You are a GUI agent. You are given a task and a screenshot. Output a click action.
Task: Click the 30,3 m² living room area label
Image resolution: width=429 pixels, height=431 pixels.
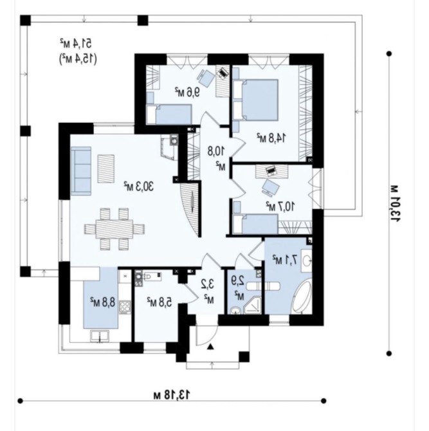click(138, 187)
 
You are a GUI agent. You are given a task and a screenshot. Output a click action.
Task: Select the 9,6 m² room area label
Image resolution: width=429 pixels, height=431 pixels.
click(187, 92)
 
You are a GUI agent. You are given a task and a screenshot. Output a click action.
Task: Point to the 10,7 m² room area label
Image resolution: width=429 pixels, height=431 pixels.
click(280, 206)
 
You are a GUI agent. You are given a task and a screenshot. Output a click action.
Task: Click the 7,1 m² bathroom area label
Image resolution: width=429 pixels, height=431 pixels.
click(285, 259)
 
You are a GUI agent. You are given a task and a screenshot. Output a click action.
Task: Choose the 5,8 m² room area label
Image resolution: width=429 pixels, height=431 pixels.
click(160, 302)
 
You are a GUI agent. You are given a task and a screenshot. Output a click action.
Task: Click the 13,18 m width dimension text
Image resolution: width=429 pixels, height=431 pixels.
click(172, 395)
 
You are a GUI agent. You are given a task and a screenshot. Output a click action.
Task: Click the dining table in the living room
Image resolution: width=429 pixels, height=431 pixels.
click(114, 229)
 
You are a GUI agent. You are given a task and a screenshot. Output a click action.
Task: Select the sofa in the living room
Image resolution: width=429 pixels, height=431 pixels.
click(81, 170)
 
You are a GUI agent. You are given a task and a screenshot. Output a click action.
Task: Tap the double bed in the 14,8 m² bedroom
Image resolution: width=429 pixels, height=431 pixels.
click(255, 100)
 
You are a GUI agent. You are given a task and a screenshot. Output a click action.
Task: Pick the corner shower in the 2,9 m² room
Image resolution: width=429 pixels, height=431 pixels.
click(252, 306)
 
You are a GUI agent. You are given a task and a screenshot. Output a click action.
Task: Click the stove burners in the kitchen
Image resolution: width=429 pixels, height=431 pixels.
click(125, 307)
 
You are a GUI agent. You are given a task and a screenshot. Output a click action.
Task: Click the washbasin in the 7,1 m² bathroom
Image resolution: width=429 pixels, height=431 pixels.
click(306, 260)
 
